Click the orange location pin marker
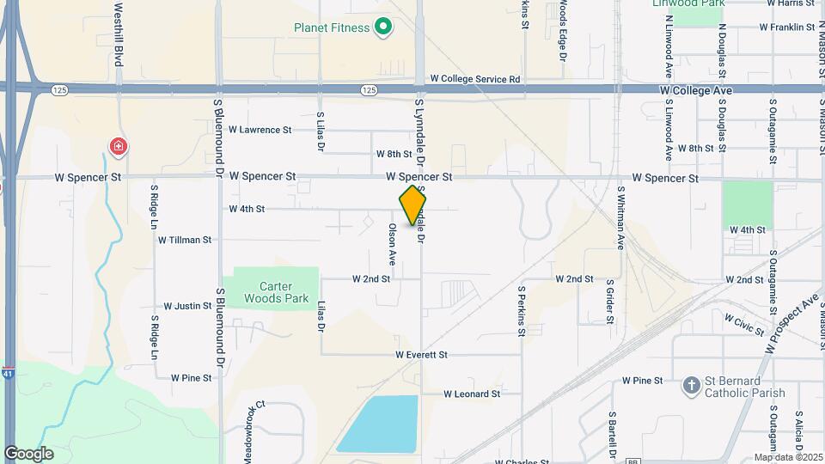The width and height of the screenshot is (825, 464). (x=413, y=205)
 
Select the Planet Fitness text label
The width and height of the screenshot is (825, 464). (x=332, y=27)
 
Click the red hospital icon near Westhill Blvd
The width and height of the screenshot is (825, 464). (x=116, y=145)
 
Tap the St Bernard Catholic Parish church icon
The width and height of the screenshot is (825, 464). (x=691, y=386)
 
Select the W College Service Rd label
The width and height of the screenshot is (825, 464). (x=475, y=78)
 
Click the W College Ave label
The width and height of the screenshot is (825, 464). (x=695, y=90)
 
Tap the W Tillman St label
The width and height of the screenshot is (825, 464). (x=184, y=240)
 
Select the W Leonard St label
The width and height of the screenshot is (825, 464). (x=472, y=394)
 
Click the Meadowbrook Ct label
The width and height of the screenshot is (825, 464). (x=250, y=420)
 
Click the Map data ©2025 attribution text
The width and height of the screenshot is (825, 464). (x=787, y=457)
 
